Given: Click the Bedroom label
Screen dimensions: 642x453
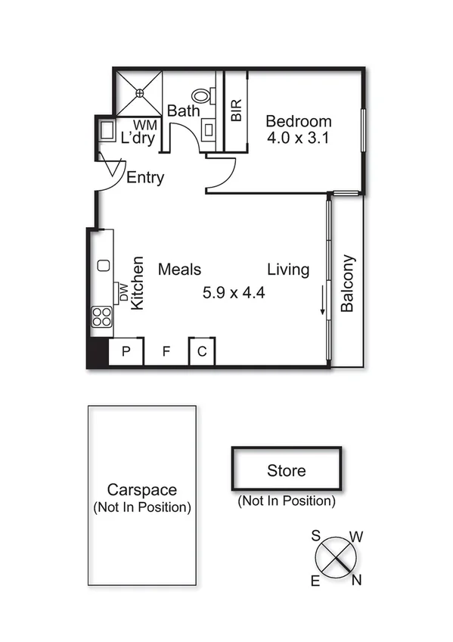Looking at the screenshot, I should [299, 121].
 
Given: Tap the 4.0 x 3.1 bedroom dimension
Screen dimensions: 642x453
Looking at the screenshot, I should [299, 139].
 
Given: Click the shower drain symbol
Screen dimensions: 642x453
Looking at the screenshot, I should [139, 93].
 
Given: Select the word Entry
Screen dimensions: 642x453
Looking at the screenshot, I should [145, 178].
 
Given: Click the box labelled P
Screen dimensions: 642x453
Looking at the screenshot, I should [126, 351].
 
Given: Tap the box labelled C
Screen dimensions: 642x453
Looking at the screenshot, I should [202, 351].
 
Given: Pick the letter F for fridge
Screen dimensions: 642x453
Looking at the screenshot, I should [166, 351].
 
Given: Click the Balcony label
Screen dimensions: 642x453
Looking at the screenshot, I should [348, 283].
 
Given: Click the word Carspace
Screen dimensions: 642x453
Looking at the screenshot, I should [142, 489].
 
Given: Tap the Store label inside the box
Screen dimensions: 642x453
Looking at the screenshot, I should [287, 470].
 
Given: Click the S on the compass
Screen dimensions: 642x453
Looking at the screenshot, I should [316, 535].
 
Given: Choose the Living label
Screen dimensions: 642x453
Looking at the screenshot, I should [288, 270].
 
